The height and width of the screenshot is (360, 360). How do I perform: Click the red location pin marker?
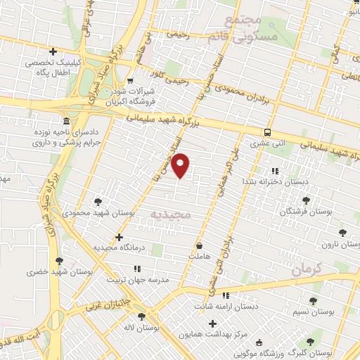coord(181,166)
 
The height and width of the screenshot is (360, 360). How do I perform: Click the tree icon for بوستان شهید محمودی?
coord(98,201)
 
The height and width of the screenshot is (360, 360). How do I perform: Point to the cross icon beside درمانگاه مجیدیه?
coord(119,237)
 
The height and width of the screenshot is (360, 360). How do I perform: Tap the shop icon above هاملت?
coord(200,246)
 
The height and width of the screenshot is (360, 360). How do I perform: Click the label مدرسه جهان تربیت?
coord(138,279)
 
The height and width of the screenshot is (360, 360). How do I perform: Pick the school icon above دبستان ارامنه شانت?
coord(225,295)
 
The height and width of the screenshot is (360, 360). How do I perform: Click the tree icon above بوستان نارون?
coord(342,233)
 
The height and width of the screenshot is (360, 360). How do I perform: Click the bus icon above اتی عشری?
coord(268,132)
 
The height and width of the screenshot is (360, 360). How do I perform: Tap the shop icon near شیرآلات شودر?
coord(130,81)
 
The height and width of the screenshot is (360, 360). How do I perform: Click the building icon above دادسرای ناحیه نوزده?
coord(65,121)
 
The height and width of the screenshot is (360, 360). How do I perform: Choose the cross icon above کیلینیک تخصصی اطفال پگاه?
coord(53,51)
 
